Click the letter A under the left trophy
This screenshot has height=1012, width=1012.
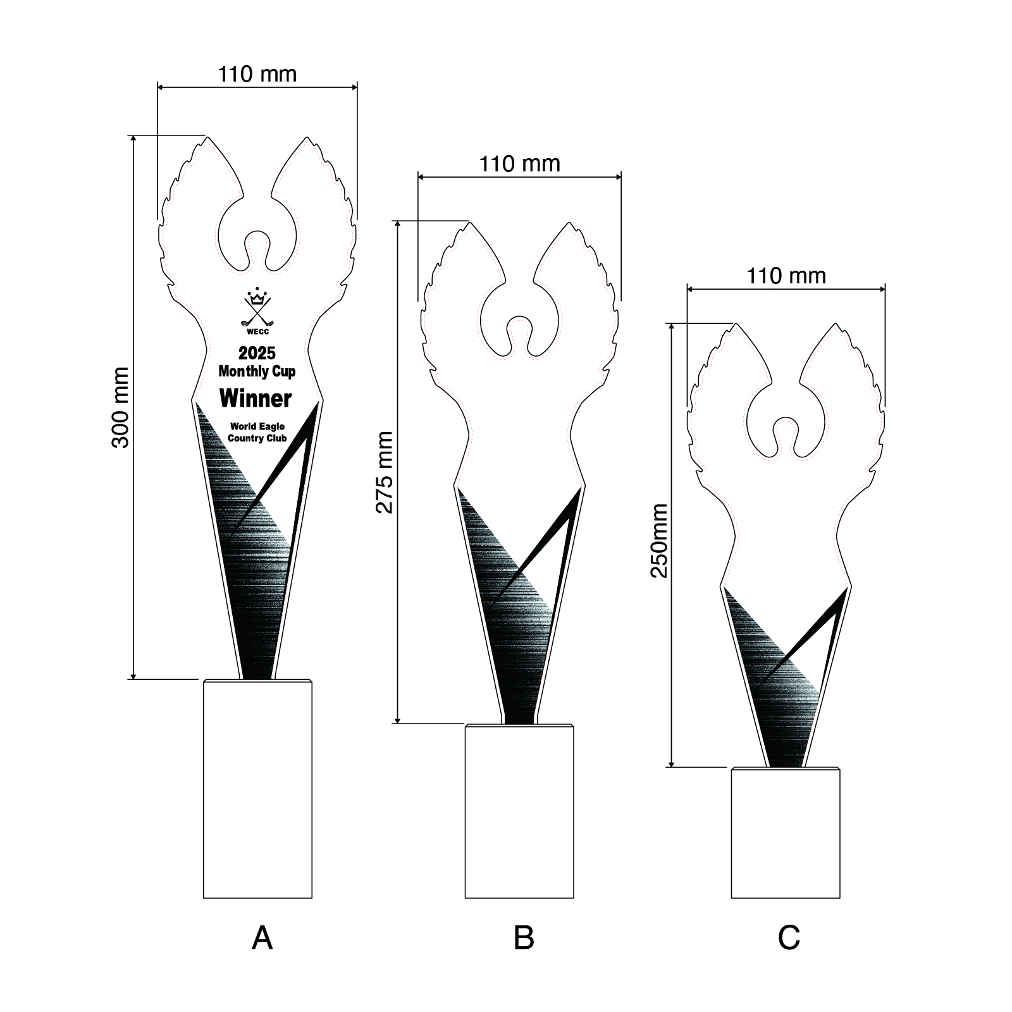[x=262, y=938]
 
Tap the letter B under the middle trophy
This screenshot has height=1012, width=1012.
[x=524, y=937]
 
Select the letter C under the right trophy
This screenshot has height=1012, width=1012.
[x=789, y=938]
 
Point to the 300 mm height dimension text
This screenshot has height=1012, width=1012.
[x=120, y=407]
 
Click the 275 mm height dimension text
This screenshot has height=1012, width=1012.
[x=385, y=472]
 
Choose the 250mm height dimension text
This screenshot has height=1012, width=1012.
[x=659, y=541]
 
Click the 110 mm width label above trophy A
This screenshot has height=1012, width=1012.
[x=257, y=74]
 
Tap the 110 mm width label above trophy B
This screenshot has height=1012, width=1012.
[x=519, y=164]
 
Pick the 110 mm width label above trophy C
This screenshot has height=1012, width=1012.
[x=786, y=276]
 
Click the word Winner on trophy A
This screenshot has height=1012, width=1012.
[x=256, y=398]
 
